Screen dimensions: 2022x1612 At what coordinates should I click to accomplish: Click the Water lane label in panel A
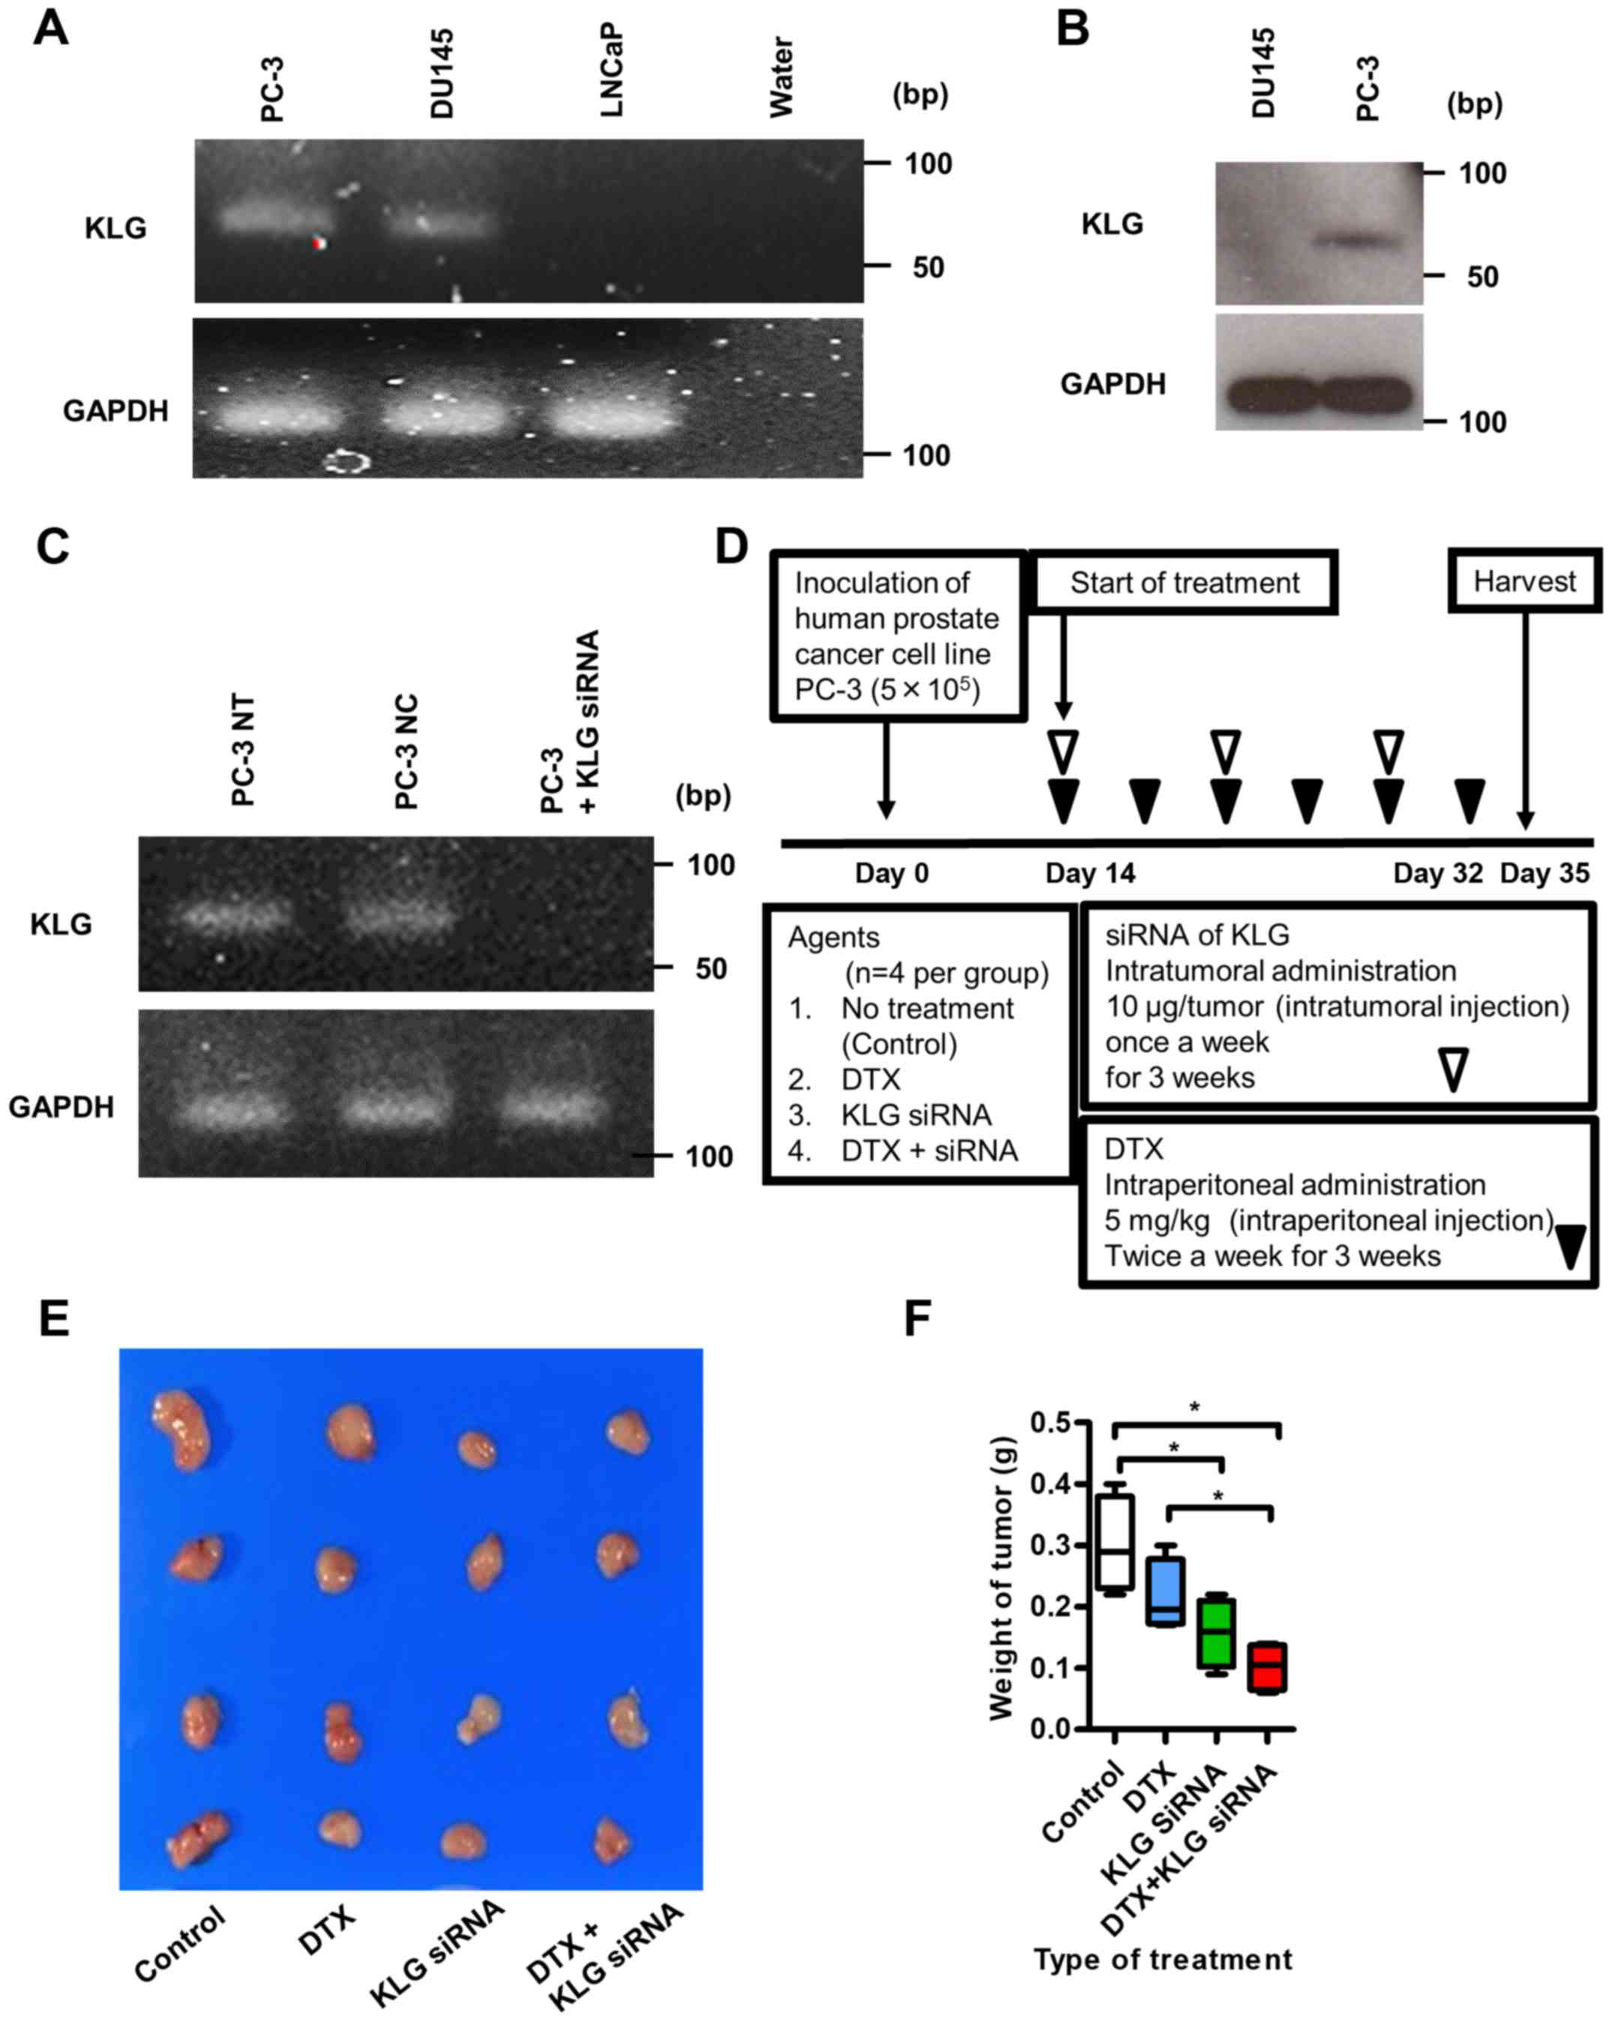point(781,78)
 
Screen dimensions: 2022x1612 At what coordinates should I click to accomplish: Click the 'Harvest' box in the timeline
point(1524,581)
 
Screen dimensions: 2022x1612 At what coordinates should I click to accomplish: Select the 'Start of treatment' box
point(1185,583)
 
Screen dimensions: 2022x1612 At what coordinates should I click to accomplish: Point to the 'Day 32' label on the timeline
point(1437,874)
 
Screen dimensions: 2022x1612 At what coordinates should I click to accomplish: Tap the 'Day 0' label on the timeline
point(891,874)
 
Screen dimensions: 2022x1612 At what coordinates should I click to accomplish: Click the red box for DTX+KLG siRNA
point(1267,1666)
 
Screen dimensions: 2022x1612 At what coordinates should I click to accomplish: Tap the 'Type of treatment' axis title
point(1163,1959)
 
